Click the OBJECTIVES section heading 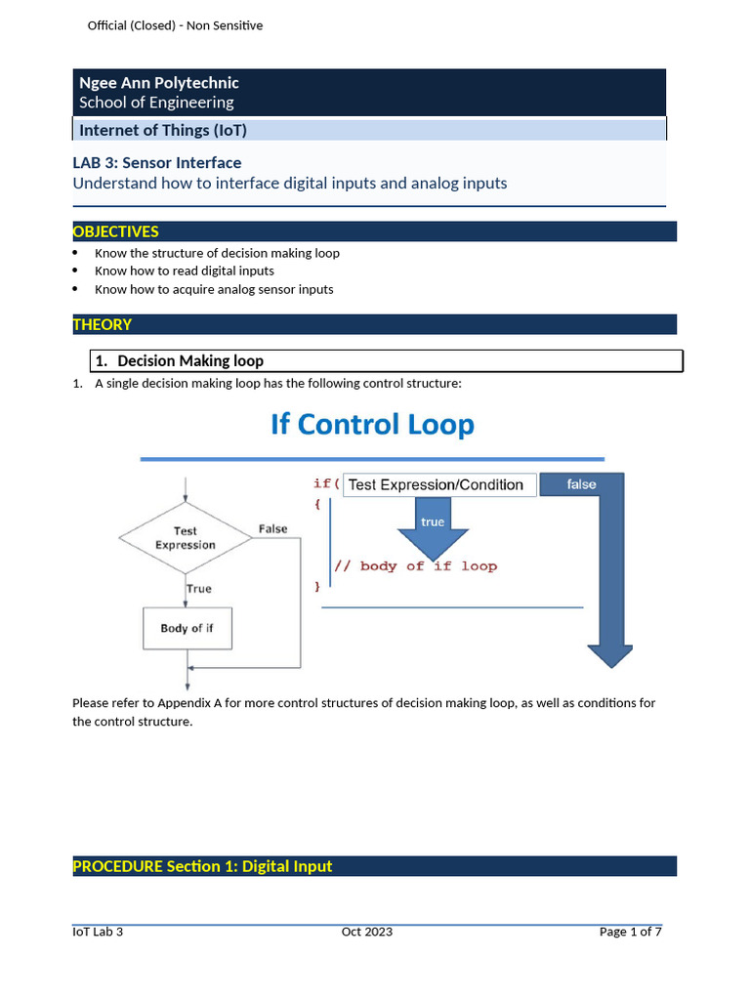(x=115, y=231)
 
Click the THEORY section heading (x=103, y=324)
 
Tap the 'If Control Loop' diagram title (x=372, y=425)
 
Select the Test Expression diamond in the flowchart (x=185, y=538)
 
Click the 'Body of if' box (x=187, y=628)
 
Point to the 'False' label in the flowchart (x=272, y=529)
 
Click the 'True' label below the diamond (x=198, y=589)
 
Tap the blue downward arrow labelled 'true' (x=433, y=527)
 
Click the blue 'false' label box (x=581, y=484)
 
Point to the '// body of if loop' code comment (x=415, y=566)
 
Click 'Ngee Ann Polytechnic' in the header (x=158, y=83)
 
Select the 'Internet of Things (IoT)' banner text (x=162, y=130)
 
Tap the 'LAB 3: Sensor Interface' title (x=157, y=163)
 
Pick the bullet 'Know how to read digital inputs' (x=184, y=271)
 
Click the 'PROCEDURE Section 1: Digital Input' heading (x=202, y=866)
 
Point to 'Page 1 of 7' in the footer (x=630, y=932)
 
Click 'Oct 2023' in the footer (x=367, y=932)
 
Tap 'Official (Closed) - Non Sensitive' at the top (x=175, y=25)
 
